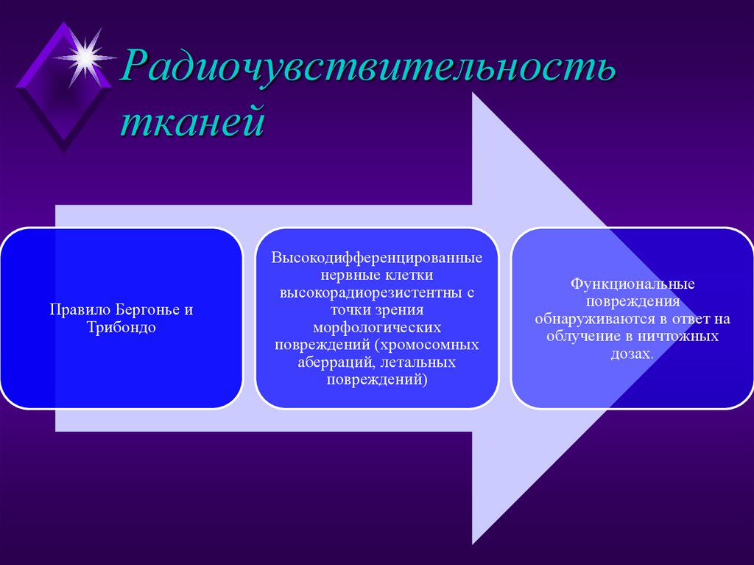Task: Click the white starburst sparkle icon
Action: (x=87, y=55)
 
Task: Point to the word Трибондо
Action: (x=121, y=327)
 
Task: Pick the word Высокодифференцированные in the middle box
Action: (x=377, y=259)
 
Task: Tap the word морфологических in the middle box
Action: (x=377, y=326)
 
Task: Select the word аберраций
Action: (x=331, y=363)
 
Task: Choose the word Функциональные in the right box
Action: (x=633, y=284)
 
